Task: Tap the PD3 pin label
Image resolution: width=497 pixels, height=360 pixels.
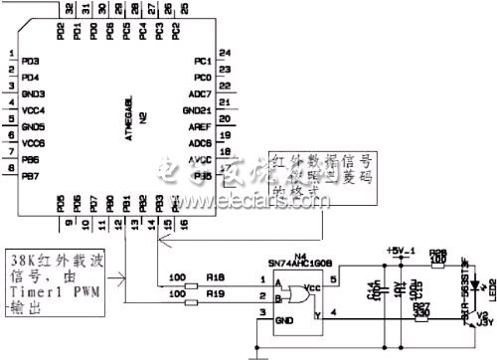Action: coord(31,62)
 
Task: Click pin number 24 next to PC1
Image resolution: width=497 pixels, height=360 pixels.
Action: coord(225,52)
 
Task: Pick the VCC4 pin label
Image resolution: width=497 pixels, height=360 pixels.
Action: coord(33,110)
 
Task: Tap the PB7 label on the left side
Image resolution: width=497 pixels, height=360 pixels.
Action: coord(31,175)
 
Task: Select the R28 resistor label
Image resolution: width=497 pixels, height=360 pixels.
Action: coord(438,253)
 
